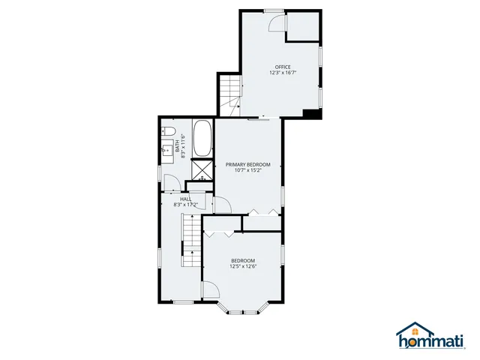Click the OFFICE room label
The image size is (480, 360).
[283, 67]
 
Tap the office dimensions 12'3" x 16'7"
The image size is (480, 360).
[283, 73]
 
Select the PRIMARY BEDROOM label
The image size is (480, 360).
[247, 164]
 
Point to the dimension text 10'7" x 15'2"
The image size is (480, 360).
[247, 170]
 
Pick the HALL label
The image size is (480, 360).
[184, 199]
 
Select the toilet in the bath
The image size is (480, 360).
[166, 131]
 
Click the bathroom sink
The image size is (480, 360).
[166, 151]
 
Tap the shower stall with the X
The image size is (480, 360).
[202, 169]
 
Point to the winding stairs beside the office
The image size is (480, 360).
[229, 93]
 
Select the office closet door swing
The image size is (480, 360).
[279, 25]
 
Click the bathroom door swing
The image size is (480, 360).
[171, 183]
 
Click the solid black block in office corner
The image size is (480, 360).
[311, 114]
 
